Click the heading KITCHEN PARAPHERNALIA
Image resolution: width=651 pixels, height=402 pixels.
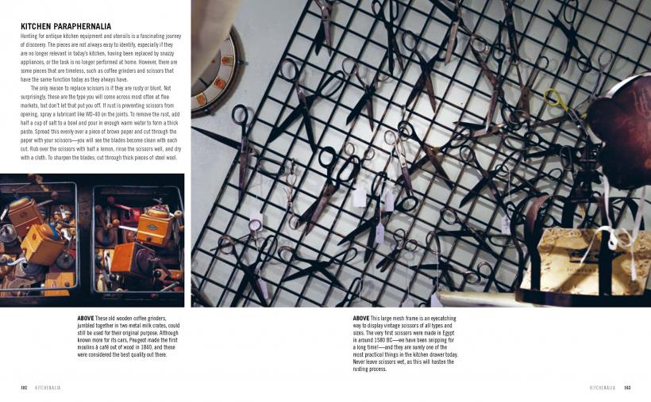point(66,26)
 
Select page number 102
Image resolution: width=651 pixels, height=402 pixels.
point(24,388)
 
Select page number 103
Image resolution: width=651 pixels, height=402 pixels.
point(627,388)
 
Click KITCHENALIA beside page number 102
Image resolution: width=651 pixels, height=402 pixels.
point(48,388)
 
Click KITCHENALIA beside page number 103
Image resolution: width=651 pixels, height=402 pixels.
point(603,388)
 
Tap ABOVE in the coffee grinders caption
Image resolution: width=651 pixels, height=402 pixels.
point(86,319)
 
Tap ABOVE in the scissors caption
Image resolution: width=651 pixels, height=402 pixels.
point(361,319)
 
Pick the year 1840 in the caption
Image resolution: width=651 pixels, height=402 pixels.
point(146,347)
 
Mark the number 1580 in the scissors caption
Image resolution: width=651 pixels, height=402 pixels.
point(373,340)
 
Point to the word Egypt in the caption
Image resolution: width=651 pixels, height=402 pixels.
point(448,333)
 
